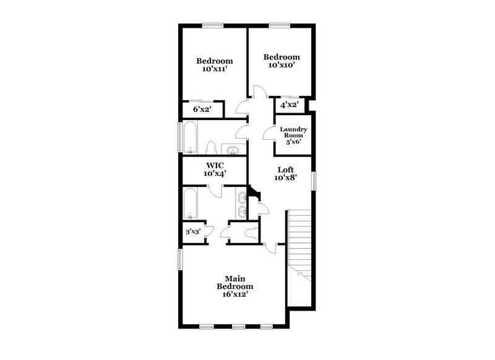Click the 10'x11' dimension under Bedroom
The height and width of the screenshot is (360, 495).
[x=215, y=70]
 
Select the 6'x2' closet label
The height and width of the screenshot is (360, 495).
[x=203, y=109]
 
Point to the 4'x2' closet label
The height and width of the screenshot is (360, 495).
[x=290, y=105]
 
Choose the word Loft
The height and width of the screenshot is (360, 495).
[x=285, y=169]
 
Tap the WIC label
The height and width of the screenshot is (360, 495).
[x=215, y=166]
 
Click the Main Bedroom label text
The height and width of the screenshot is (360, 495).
[x=235, y=283]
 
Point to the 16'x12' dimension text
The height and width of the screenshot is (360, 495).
[x=235, y=296]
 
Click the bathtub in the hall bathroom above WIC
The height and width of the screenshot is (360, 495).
[x=192, y=137]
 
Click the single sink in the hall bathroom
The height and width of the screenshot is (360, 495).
[x=233, y=150]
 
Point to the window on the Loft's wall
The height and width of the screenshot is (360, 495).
[x=314, y=181]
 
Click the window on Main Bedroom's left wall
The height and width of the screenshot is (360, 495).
[x=180, y=259]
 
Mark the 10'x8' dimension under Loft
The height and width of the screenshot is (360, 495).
[x=285, y=178]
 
